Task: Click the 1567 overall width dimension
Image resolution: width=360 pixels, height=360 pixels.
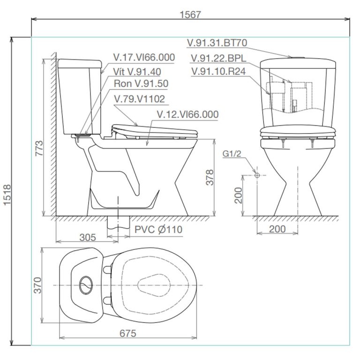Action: coord(190,15)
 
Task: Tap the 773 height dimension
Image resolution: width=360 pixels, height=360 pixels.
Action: coord(39,148)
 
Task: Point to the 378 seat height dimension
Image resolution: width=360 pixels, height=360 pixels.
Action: coord(210,177)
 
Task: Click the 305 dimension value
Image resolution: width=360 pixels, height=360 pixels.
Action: coord(87,237)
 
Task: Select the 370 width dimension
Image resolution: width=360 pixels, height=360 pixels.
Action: coord(38,285)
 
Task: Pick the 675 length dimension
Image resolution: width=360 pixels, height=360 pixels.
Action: coord(127,333)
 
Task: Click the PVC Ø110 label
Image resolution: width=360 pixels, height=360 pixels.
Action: coord(158,229)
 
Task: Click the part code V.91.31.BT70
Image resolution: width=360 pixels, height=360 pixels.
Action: coord(217,43)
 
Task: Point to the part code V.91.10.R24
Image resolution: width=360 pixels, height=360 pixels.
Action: coord(219,71)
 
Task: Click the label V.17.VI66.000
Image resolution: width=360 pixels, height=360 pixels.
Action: coord(144,58)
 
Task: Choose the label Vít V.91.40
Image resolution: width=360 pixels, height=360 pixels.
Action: coord(137,71)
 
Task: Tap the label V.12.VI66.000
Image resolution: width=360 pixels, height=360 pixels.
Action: coord(187,114)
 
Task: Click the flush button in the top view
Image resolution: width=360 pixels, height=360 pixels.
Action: coord(86,285)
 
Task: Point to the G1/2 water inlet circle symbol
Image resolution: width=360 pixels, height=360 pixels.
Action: coord(256,175)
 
